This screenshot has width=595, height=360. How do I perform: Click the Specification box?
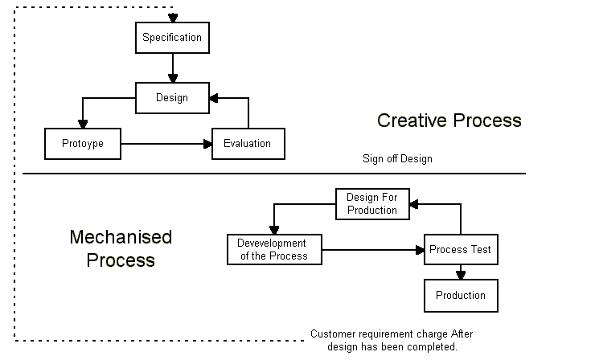(x=172, y=37)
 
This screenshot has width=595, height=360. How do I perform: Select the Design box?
(x=172, y=98)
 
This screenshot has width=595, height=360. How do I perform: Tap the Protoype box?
(x=82, y=145)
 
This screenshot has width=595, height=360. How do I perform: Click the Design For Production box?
(x=371, y=204)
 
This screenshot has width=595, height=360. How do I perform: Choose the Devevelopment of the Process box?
(x=273, y=250)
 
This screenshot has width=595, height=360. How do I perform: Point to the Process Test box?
(x=460, y=250)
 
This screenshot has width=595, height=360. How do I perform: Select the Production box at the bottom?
(x=461, y=296)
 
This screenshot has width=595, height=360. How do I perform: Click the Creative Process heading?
(x=449, y=121)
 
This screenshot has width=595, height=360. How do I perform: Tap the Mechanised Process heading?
(x=121, y=249)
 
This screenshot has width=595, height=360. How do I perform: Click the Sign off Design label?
(x=397, y=159)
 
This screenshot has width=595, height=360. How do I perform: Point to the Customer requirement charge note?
(x=392, y=340)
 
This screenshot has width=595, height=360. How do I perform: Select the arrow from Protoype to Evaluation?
(x=166, y=145)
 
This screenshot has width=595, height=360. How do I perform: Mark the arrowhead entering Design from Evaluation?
(x=214, y=98)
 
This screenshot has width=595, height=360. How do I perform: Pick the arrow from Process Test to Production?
(x=461, y=272)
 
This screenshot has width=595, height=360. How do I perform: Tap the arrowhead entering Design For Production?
(x=413, y=204)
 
